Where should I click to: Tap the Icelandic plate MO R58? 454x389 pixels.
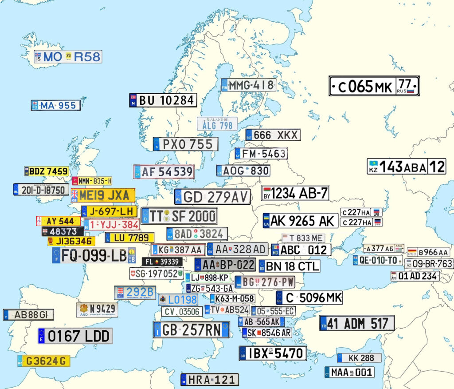(x=68, y=56)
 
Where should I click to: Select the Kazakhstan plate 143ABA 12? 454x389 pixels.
(x=406, y=167)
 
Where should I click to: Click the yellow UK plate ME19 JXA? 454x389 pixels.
(x=103, y=195)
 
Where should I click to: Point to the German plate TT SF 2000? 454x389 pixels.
(x=179, y=216)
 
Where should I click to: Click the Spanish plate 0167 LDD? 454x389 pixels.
(x=75, y=336)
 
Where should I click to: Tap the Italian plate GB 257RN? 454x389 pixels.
(x=191, y=330)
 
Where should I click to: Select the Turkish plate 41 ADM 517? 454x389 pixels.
(x=357, y=323)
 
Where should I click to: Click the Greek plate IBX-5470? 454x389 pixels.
(x=273, y=353)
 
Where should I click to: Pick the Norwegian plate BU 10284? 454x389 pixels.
(x=163, y=100)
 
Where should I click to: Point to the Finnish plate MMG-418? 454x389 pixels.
(x=248, y=85)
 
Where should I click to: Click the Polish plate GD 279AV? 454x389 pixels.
(x=212, y=197)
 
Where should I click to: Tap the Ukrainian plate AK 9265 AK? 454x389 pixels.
(x=300, y=221)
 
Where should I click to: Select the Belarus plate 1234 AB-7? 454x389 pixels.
(x=295, y=193)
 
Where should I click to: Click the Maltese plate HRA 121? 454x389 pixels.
(x=210, y=380)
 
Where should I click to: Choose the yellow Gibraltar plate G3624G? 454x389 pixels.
(x=44, y=361)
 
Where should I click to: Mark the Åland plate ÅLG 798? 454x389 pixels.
(x=217, y=124)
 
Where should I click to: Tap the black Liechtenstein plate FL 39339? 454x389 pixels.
(x=161, y=262)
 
